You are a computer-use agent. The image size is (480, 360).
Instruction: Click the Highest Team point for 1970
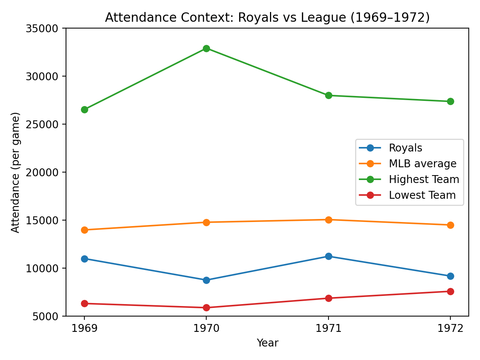[206, 48]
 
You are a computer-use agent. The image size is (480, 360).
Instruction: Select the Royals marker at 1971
[328, 256]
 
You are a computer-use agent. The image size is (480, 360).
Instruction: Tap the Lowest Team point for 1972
[450, 291]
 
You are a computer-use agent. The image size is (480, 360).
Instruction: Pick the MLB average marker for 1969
[84, 230]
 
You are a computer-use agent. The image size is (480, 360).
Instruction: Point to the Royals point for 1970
[206, 280]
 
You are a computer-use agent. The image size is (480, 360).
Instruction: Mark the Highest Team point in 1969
[84, 109]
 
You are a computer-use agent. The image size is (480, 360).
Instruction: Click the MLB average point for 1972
[450, 225]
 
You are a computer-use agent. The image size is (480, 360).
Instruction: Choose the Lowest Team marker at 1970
[206, 307]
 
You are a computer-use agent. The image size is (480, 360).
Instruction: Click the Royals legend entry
[405, 148]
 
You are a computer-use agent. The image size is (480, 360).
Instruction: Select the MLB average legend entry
[422, 164]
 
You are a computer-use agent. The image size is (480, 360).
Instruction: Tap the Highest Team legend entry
[424, 180]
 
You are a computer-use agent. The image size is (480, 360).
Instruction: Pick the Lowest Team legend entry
[422, 195]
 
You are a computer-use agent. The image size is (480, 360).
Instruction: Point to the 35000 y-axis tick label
[42, 28]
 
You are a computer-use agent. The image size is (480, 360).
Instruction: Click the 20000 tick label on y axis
[42, 172]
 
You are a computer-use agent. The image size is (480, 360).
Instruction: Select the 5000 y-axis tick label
[45, 316]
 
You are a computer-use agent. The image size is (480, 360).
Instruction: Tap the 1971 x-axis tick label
[328, 328]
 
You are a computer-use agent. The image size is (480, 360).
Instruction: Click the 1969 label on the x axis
[84, 328]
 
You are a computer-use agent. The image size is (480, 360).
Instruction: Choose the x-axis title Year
[267, 343]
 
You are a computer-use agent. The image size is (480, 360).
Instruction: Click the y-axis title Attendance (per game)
[15, 172]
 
